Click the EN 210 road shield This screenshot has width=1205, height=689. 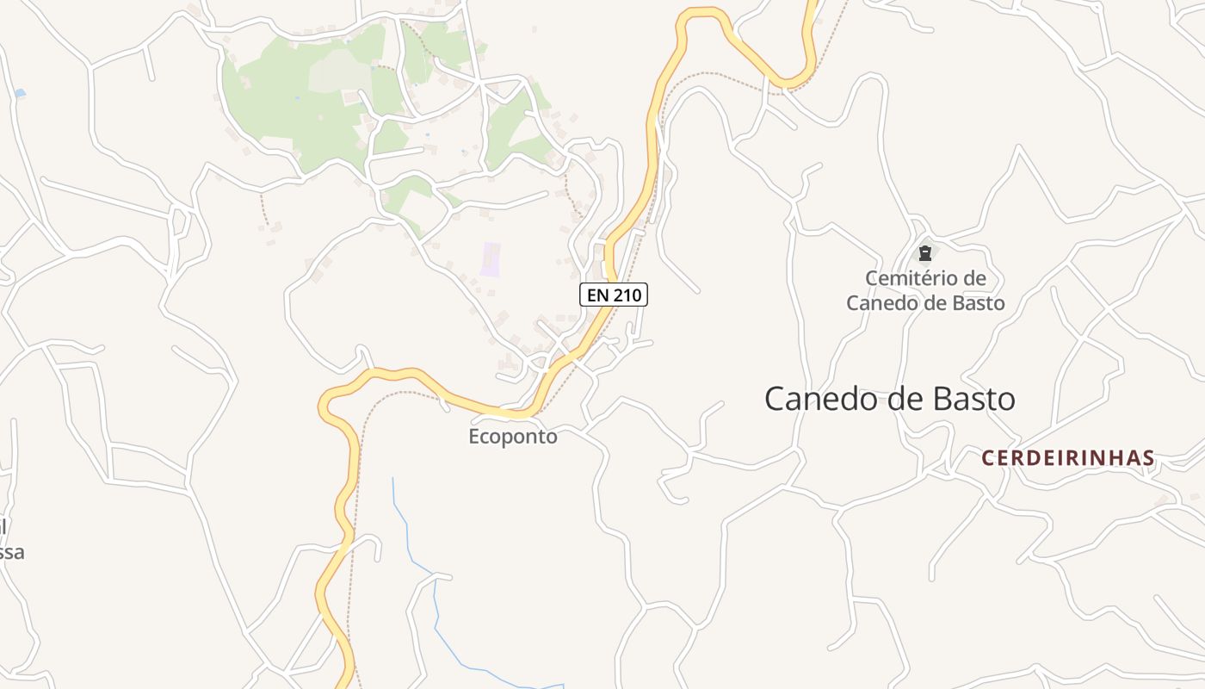coord(613,295)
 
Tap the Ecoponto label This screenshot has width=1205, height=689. coord(513,437)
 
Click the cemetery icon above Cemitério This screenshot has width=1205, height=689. coord(925,253)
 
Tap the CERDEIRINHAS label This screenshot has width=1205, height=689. coord(1068,458)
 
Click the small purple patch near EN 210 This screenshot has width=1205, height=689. coord(491,259)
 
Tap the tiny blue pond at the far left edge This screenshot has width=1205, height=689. coord(20,92)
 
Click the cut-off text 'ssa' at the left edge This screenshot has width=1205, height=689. coord(12,552)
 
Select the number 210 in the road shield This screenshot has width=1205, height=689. coord(627,295)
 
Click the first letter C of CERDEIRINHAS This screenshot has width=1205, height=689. coord(988,458)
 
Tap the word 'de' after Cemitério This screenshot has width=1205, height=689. coord(975,278)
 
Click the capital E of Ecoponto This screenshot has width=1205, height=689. coord(474,437)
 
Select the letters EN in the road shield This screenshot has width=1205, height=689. coord(597,295)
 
